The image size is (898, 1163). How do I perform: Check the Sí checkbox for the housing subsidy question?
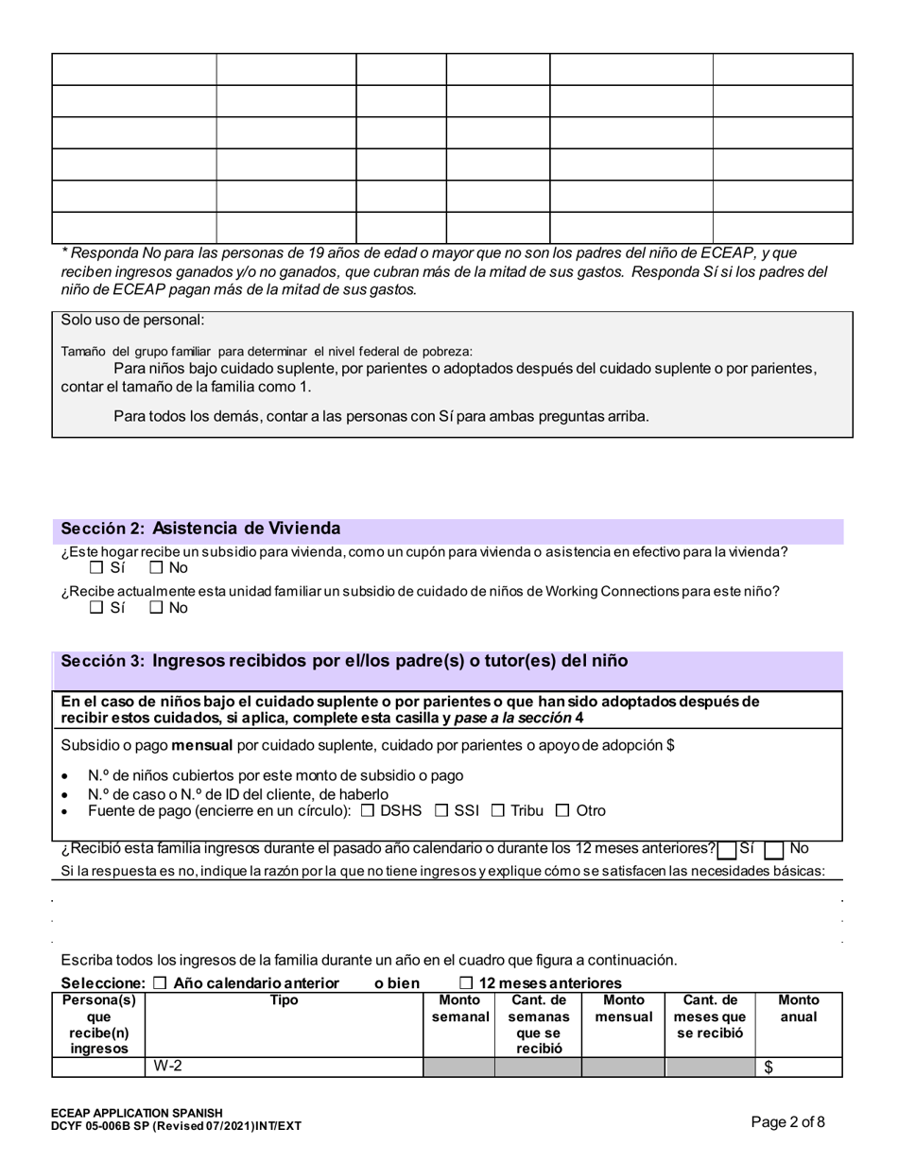click(96, 568)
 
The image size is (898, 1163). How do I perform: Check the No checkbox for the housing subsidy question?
click(156, 568)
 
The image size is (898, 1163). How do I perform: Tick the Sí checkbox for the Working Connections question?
click(96, 608)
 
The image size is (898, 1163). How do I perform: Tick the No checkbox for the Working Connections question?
click(156, 608)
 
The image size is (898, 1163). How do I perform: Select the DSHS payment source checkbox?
click(368, 810)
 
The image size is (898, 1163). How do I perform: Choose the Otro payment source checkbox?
click(563, 810)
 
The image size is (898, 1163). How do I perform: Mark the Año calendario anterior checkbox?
click(160, 983)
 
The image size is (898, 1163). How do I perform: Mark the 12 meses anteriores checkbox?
click(466, 983)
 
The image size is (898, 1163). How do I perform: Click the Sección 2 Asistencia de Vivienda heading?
click(200, 529)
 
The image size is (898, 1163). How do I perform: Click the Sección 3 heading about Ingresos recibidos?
click(344, 661)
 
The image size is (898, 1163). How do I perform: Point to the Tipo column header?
click(284, 1000)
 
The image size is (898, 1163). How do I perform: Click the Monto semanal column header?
click(459, 1008)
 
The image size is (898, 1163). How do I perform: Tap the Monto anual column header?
click(799, 1008)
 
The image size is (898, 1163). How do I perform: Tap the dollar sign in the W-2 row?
click(768, 1068)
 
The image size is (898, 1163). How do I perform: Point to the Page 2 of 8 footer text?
click(787, 1122)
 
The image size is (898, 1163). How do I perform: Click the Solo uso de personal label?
click(133, 321)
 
